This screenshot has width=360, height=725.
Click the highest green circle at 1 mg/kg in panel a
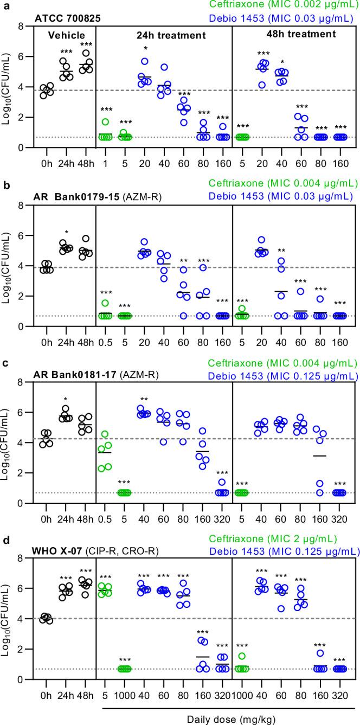[x=106, y=122]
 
